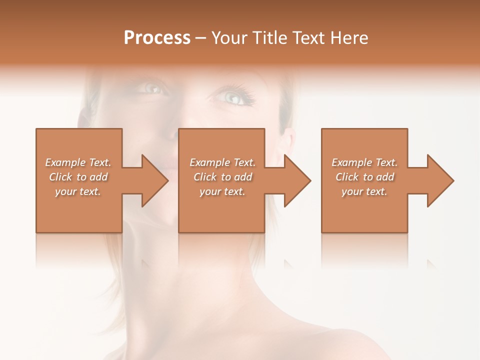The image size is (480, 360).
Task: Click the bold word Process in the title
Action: (x=157, y=38)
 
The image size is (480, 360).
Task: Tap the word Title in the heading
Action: (x=269, y=38)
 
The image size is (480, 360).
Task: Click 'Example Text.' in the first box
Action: (x=78, y=162)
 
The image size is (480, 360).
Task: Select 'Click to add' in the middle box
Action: (x=222, y=177)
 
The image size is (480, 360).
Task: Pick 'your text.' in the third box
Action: (x=364, y=191)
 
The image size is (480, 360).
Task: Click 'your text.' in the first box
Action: (x=78, y=191)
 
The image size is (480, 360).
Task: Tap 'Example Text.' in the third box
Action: (x=364, y=162)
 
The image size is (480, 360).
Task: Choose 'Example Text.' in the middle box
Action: (x=222, y=162)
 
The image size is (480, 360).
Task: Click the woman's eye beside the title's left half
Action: (x=152, y=88)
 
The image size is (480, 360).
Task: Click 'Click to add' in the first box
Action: (x=78, y=177)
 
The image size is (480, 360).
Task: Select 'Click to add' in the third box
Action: (x=364, y=177)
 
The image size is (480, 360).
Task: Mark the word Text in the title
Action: (x=308, y=38)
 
